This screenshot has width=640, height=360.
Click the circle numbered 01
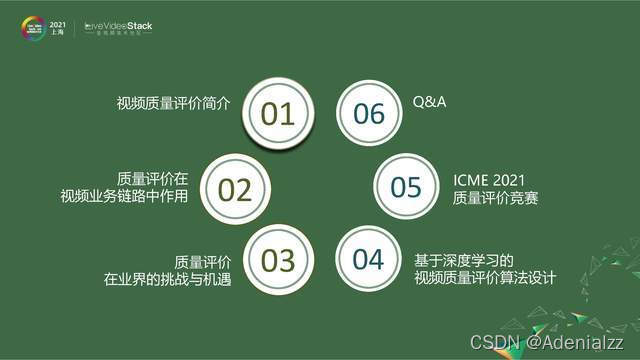(277, 113)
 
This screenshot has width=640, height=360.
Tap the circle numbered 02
(235, 187)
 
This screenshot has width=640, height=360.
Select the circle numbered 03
(277, 259)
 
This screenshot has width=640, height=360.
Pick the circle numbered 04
(367, 259)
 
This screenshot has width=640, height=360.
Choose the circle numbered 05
(406, 187)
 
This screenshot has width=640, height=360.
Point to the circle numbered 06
(368, 113)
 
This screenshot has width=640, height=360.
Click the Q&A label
(430, 103)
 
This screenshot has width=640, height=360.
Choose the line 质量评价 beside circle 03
(203, 260)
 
